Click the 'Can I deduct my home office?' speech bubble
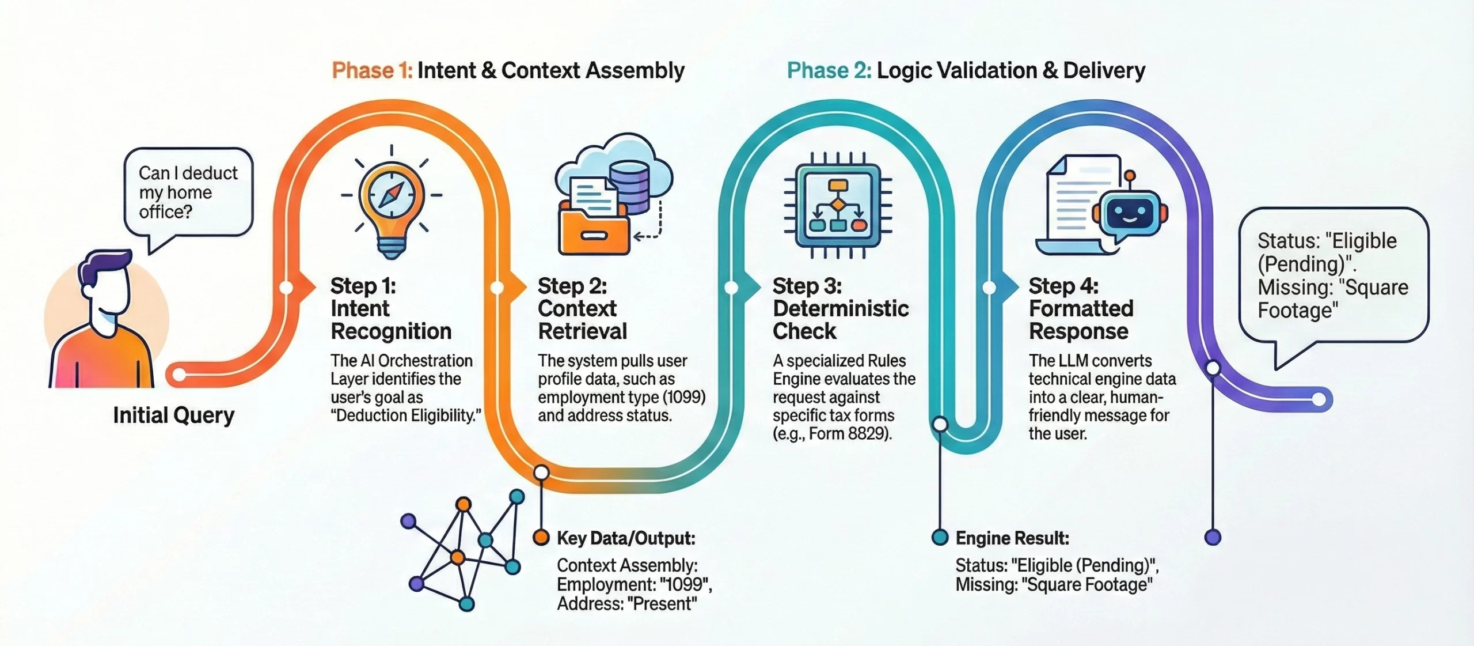tap(188, 192)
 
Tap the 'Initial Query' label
tap(173, 415)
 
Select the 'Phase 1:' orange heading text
tap(372, 70)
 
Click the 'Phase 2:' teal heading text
tap(829, 70)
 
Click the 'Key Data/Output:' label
tap(626, 538)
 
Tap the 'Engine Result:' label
tap(1012, 538)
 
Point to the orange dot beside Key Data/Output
tap(541, 537)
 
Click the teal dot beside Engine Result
tap(940, 537)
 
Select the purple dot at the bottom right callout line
tap(1213, 537)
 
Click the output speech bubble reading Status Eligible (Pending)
tap(1332, 275)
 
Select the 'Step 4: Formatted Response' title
tap(1081, 308)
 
